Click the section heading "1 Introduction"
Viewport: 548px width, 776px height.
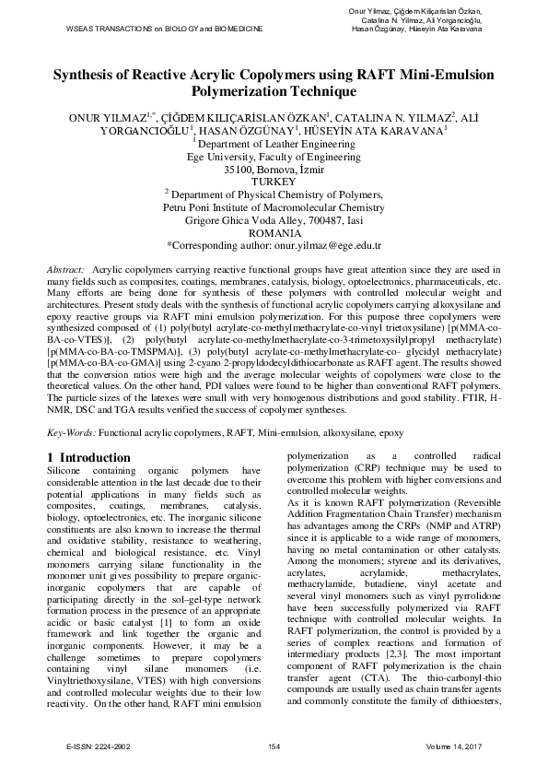(x=88, y=457)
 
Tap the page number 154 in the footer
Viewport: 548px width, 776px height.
(x=274, y=746)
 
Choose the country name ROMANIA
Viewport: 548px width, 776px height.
(x=274, y=234)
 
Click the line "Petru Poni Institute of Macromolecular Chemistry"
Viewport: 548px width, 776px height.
(x=274, y=208)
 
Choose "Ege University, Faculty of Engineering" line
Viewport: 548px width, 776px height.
(x=274, y=157)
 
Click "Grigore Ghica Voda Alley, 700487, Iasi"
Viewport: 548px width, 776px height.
(x=274, y=221)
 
